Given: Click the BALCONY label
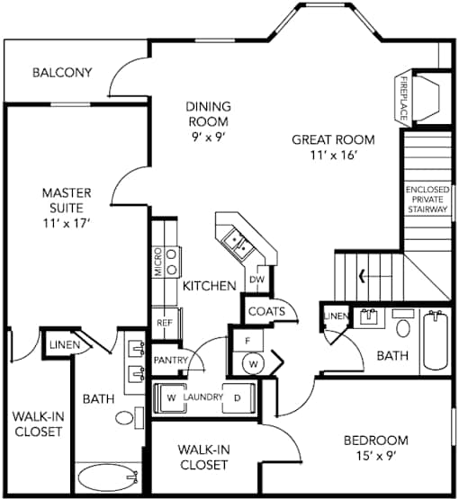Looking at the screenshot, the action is [x=62, y=73].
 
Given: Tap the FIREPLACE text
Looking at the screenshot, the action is [x=403, y=98].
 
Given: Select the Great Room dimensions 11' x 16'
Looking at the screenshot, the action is [x=333, y=156].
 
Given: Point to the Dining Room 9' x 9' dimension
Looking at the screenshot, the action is [x=208, y=138].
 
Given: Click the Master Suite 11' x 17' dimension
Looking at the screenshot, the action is [x=65, y=223].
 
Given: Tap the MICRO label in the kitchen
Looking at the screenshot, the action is [x=158, y=262].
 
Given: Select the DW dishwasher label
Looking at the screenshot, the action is [x=256, y=280].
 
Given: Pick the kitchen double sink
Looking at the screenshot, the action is [x=238, y=243].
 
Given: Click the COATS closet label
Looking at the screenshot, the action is [x=266, y=311].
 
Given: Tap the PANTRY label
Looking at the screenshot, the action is [x=171, y=360].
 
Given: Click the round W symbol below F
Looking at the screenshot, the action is [x=254, y=363].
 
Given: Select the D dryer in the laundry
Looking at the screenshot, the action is [x=238, y=398].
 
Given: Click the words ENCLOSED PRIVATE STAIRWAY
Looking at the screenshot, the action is [x=427, y=200].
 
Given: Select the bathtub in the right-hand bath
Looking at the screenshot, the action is [x=436, y=340].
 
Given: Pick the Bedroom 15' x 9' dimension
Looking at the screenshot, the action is [x=376, y=457].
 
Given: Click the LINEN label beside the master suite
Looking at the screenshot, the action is [x=65, y=344].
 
